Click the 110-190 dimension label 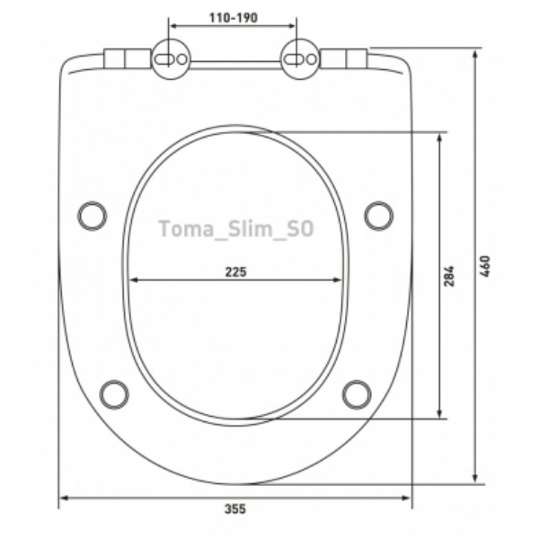[x=234, y=18]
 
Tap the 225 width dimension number [x=235, y=272]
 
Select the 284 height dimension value [x=449, y=276]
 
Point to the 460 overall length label [x=485, y=266]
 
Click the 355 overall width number [x=235, y=509]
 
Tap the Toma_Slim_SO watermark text [x=236, y=229]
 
